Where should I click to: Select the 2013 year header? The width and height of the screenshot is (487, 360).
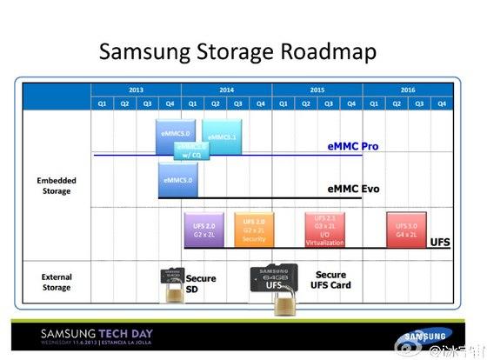coord(136,90)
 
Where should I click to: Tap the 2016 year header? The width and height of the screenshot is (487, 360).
coord(407,90)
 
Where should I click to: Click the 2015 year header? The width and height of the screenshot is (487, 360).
coord(317,90)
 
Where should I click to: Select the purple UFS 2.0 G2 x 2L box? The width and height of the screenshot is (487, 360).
coord(203,230)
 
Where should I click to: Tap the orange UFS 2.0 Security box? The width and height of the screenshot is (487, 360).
coord(253,230)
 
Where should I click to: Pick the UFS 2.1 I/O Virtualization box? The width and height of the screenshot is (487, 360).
coord(324,230)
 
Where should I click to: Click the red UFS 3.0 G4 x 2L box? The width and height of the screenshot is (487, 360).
coord(405,230)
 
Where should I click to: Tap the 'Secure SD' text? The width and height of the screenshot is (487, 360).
coord(200,283)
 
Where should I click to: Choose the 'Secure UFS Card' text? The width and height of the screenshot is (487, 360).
coord(331,280)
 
